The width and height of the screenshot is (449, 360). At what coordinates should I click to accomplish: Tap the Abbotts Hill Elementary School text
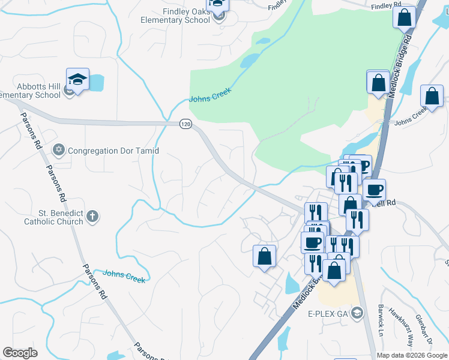pyautogui.click(x=30, y=91)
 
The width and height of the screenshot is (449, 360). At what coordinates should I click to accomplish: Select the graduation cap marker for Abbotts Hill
pyautogui.click(x=77, y=79)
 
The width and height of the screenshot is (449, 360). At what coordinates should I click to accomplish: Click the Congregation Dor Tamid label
pyautogui.click(x=113, y=151)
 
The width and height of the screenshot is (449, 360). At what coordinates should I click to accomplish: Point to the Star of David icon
pyautogui.click(x=58, y=149)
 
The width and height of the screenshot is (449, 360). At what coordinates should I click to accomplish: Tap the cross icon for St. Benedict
pyautogui.click(x=92, y=216)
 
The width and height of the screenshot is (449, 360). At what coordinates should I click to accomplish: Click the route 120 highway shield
pyautogui.click(x=185, y=124)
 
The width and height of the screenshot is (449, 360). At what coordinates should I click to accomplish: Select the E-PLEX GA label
pyautogui.click(x=328, y=314)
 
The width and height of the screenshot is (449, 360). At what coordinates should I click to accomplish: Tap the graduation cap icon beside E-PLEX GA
pyautogui.click(x=358, y=313)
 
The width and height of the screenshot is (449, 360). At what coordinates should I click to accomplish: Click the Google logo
pyautogui.click(x=20, y=353)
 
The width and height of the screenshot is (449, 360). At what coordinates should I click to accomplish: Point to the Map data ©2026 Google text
pyautogui.click(x=412, y=355)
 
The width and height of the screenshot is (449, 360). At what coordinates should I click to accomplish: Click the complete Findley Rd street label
pyautogui.click(x=385, y=6)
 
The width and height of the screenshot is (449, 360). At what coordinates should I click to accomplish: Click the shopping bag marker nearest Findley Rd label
pyautogui.click(x=404, y=17)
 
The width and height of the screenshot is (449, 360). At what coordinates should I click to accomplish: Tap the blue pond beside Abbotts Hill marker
pyautogui.click(x=96, y=82)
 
